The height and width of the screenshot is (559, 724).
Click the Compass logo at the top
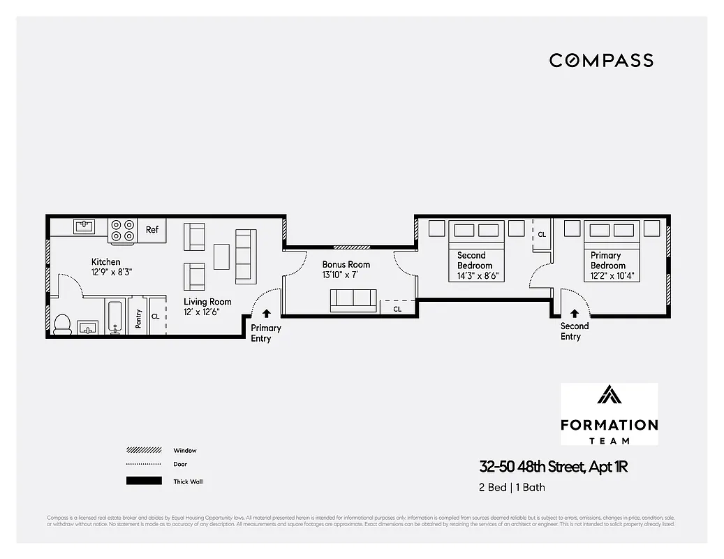[601, 60]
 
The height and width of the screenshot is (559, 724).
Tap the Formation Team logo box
[609, 414]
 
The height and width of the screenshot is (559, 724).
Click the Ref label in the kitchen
[152, 230]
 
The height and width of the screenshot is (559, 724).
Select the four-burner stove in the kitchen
[123, 231]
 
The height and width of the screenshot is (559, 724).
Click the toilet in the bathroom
[62, 324]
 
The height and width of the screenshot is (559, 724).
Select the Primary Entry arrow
[265, 314]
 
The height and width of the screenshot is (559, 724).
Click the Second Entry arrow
[574, 314]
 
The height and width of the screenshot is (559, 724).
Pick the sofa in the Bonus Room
[353, 300]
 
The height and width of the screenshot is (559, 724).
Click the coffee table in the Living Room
[222, 256]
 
